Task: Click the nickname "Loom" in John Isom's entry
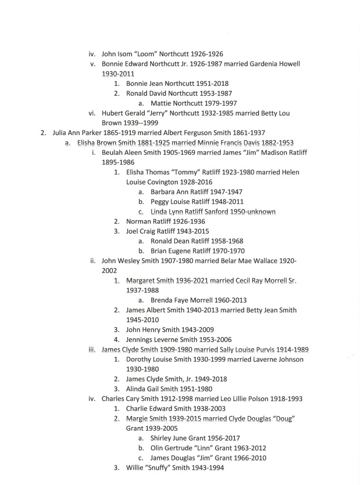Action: click(148, 54)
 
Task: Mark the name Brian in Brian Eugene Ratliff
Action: click(160, 251)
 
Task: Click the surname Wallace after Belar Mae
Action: click(256, 260)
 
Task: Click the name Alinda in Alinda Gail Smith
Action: click(137, 389)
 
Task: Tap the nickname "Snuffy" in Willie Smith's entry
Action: click(162, 468)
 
